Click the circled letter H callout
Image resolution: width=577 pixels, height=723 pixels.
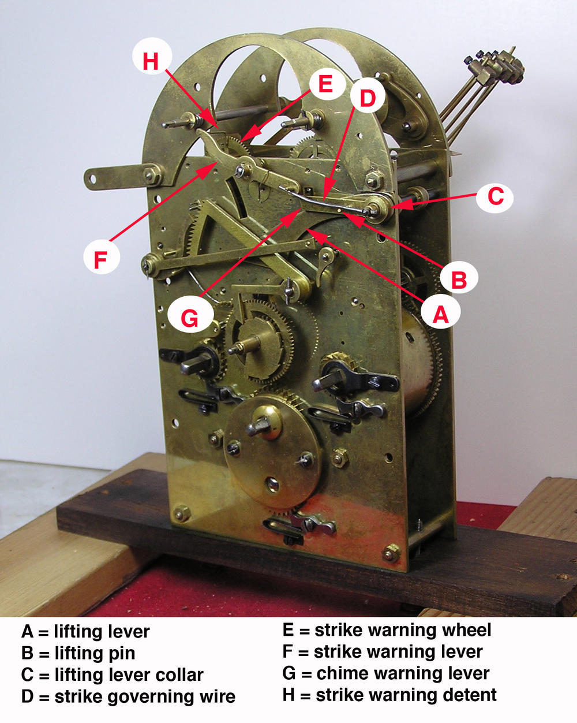(151, 60)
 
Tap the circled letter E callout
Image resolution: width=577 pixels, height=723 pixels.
(325, 84)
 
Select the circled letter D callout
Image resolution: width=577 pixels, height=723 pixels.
(368, 99)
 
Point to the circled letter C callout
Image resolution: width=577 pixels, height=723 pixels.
(495, 196)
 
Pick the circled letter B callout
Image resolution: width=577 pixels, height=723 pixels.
(459, 279)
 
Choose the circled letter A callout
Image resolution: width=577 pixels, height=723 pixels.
(440, 314)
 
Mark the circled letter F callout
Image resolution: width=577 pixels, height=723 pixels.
(101, 259)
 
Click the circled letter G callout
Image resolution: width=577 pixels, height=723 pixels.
(189, 317)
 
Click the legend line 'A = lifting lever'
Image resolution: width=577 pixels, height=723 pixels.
(85, 631)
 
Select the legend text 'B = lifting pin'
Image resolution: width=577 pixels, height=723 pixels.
(78, 653)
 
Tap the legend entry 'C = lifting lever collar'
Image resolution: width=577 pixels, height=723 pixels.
(113, 674)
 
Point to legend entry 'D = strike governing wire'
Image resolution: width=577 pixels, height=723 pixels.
(128, 696)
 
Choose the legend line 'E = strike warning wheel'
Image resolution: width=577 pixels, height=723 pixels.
(387, 630)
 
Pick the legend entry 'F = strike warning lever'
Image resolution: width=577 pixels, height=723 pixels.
(382, 651)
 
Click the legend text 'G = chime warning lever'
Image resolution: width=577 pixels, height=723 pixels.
(385, 673)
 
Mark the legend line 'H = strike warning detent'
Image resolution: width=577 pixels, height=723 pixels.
(389, 695)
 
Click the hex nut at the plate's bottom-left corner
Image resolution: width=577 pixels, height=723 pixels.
(182, 512)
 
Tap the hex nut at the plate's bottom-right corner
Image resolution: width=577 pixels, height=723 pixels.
(391, 553)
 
